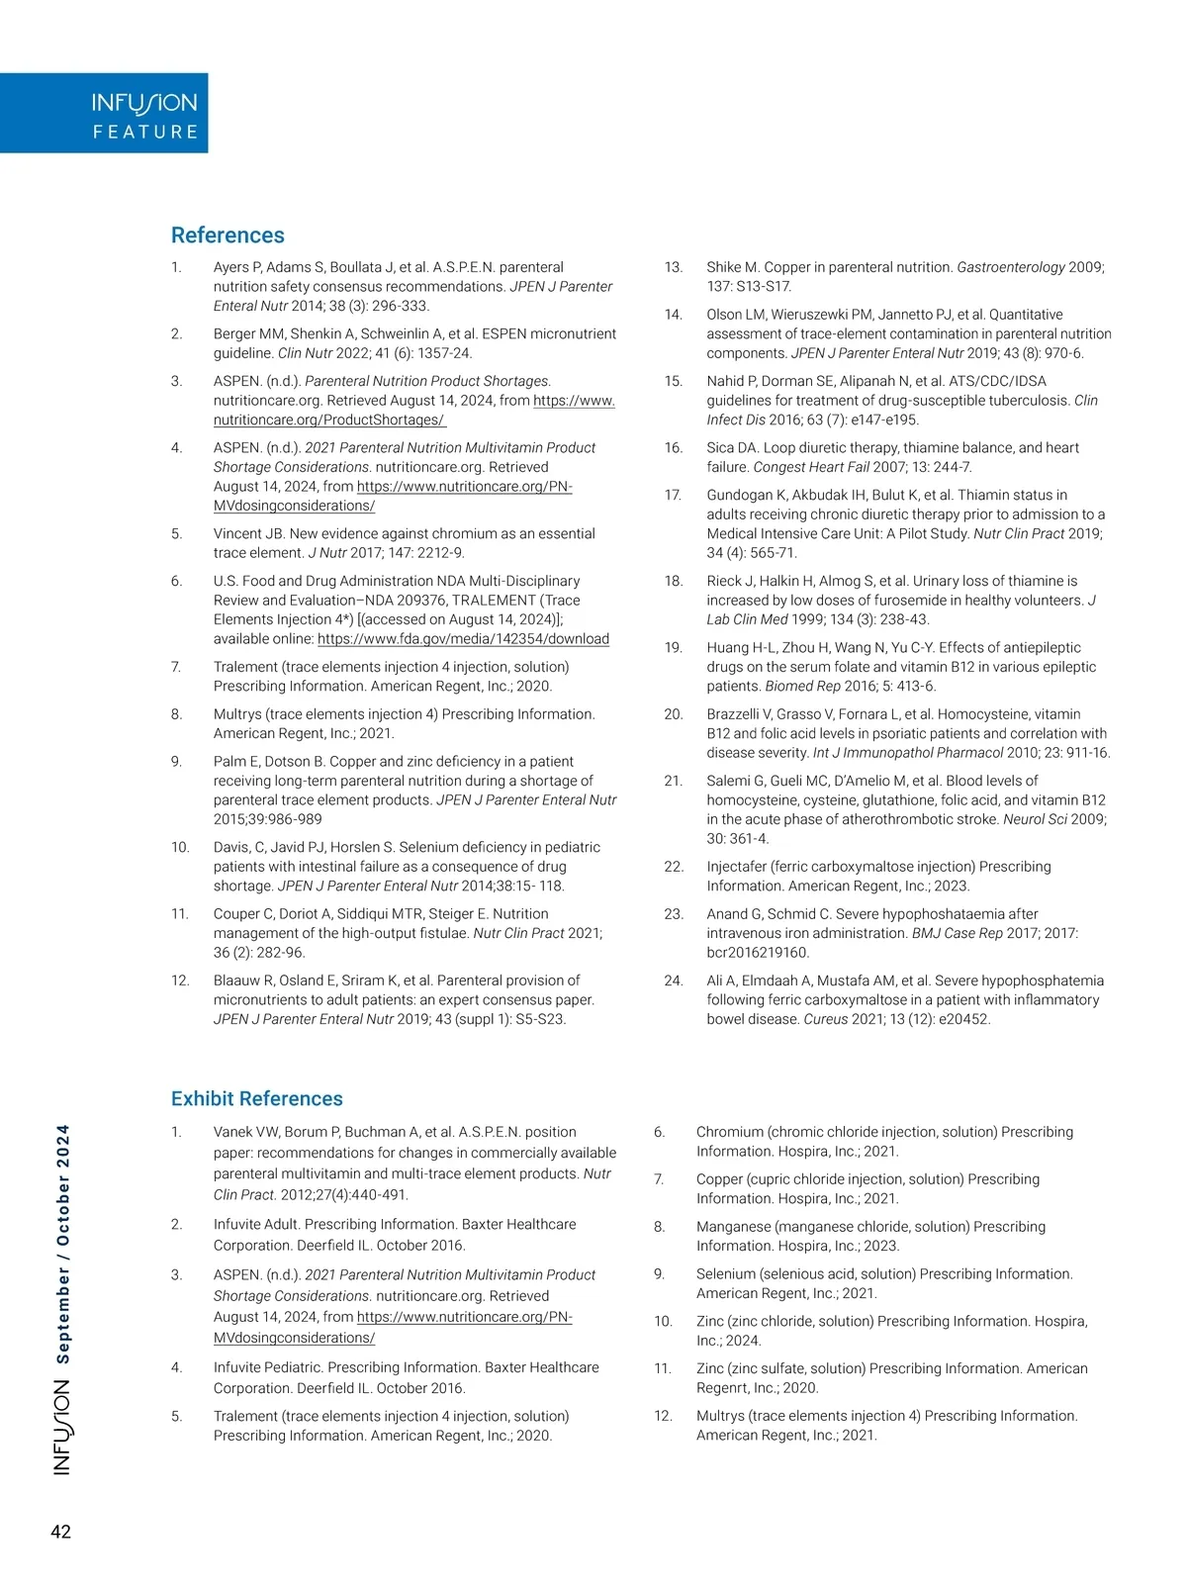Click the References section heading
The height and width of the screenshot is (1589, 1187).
[x=228, y=235]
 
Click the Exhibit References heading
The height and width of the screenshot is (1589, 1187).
[x=256, y=1098]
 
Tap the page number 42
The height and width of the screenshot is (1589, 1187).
[x=60, y=1532]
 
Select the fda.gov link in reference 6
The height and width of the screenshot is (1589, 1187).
[x=463, y=639]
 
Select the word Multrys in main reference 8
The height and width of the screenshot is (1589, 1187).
[x=237, y=714]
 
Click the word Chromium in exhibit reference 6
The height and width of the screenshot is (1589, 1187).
[x=729, y=1132]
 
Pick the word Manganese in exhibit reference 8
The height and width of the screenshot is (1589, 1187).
[x=737, y=1227]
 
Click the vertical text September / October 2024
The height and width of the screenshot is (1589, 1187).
[x=62, y=1244]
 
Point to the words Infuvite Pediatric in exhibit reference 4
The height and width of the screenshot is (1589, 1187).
[x=267, y=1367]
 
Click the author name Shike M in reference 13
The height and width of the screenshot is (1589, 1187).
[x=732, y=267]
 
